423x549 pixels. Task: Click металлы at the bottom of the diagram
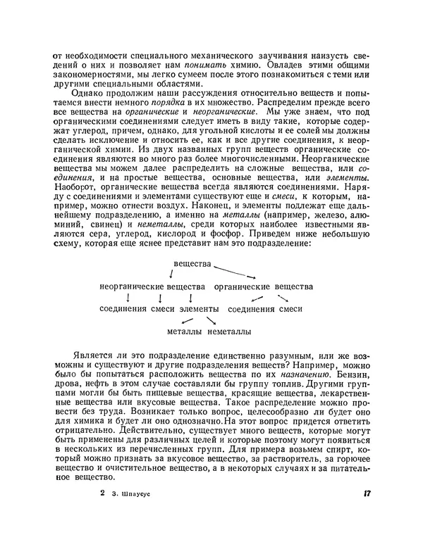(x=185, y=331)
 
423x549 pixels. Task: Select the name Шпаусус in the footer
(x=133, y=495)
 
